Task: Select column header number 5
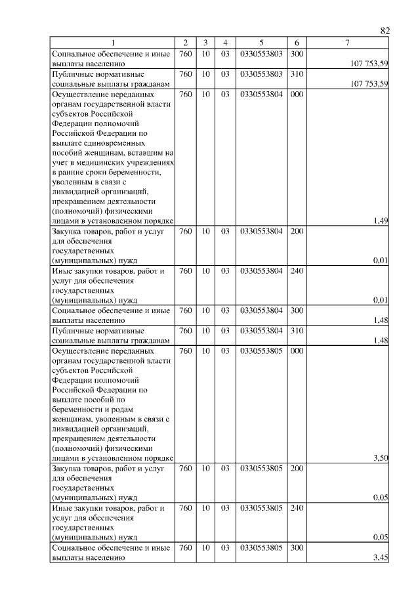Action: point(261,43)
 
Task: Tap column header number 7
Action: point(348,43)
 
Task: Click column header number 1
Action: point(112,43)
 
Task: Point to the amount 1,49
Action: point(381,221)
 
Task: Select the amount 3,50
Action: point(381,458)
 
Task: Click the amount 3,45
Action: point(381,558)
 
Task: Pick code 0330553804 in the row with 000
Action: point(261,94)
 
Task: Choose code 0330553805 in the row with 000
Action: point(261,351)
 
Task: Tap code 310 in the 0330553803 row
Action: point(297,74)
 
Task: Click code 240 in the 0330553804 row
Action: point(297,271)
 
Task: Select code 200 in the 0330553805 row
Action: point(297,469)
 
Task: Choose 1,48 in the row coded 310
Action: point(381,340)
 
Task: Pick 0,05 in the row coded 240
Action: point(381,537)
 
